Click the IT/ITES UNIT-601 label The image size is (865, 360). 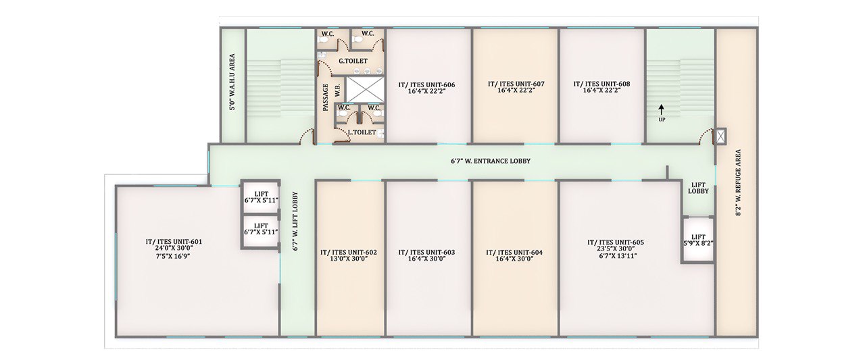pyautogui.click(x=174, y=242)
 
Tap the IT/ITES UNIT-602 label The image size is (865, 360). pyautogui.click(x=349, y=253)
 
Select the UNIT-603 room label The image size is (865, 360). pyautogui.click(x=426, y=253)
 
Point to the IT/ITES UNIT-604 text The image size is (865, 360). pyautogui.click(x=514, y=253)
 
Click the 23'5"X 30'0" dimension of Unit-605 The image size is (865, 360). pyautogui.click(x=616, y=249)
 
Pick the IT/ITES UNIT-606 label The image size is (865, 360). pyautogui.click(x=426, y=85)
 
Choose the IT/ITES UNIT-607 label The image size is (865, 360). pyautogui.click(x=516, y=84)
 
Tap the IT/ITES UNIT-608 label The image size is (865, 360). pyautogui.click(x=601, y=84)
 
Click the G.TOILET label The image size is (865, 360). pyautogui.click(x=353, y=61)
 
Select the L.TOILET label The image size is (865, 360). pyautogui.click(x=362, y=132)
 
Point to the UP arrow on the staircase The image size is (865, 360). pyautogui.click(x=662, y=109)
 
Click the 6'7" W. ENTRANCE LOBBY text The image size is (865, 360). pyautogui.click(x=491, y=161)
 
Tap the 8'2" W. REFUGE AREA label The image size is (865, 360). pyautogui.click(x=739, y=182)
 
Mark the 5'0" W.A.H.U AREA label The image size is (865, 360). pyautogui.click(x=232, y=82)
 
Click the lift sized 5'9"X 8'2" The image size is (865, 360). pyautogui.click(x=698, y=240)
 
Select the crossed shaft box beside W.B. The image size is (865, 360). pyautogui.click(x=364, y=90)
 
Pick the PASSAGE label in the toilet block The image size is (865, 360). pyautogui.click(x=325, y=98)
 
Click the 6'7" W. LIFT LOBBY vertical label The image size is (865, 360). pyautogui.click(x=295, y=222)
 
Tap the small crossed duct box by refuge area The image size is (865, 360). pyautogui.click(x=720, y=136)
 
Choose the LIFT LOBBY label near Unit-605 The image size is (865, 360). pyautogui.click(x=698, y=188)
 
